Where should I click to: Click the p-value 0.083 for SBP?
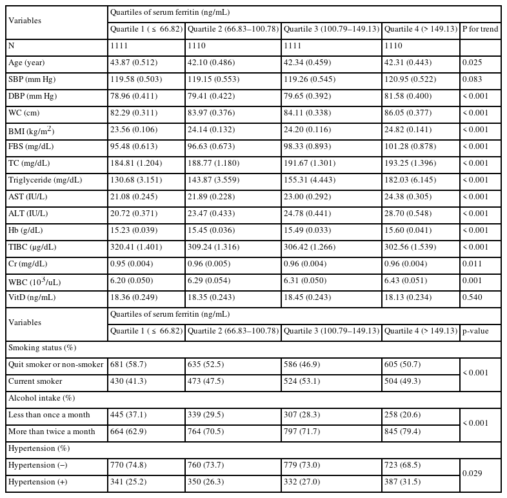472,79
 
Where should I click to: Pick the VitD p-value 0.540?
472,297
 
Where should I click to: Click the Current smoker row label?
35,381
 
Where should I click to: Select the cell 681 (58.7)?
129,364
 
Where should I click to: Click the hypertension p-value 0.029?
472,473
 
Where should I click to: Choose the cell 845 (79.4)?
403,432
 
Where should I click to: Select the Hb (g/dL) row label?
28,230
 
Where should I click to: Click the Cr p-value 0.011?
472,264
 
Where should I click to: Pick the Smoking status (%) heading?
41,348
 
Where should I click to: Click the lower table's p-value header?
475,331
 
